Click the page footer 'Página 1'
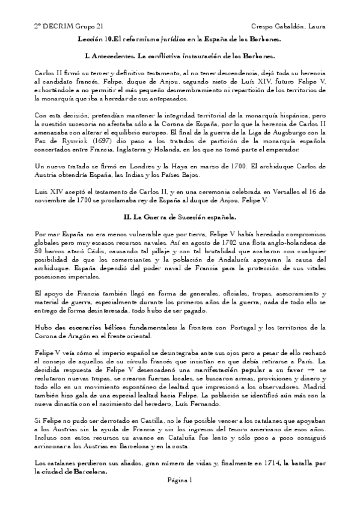tap(180, 479)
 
